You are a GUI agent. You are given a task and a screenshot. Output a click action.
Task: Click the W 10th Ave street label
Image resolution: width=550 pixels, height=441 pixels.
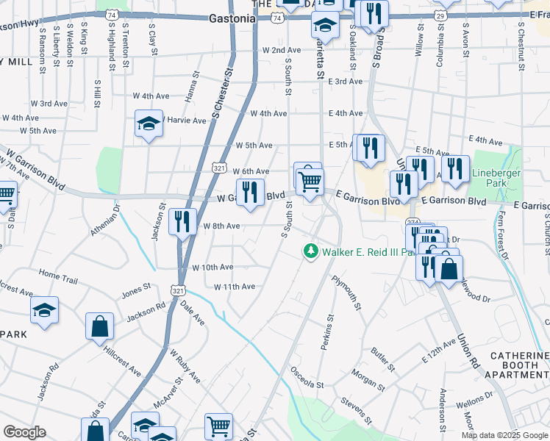[x=213, y=268]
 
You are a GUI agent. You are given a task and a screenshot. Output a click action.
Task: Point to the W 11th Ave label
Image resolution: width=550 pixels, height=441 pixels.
[x=234, y=287]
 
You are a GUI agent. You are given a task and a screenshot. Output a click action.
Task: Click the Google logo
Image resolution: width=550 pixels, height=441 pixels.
[x=25, y=432]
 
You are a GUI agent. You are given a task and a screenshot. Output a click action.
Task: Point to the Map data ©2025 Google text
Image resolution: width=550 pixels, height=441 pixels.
[x=504, y=435]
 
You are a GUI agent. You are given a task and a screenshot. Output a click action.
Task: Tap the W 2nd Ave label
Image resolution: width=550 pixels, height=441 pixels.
[x=282, y=50]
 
